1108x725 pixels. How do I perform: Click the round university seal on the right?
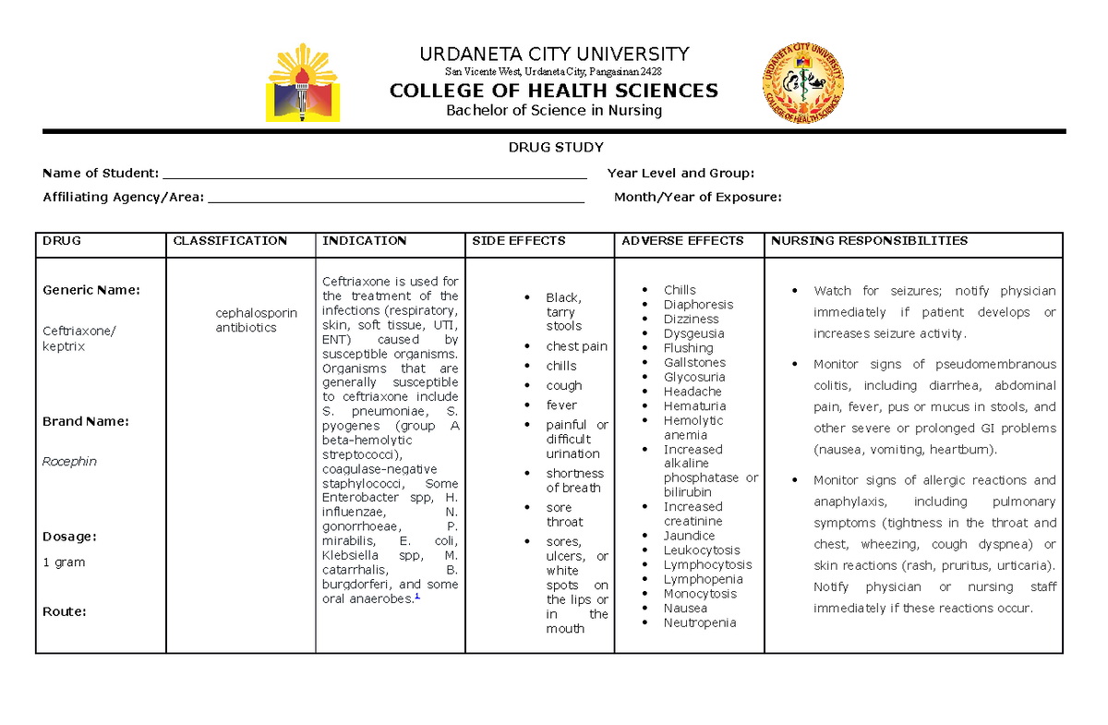(x=801, y=83)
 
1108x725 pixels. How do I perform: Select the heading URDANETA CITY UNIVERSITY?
(x=554, y=54)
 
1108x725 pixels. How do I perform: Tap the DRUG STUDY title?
(x=555, y=148)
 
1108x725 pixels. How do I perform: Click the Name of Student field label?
(x=101, y=173)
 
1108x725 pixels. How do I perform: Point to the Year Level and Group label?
(x=680, y=173)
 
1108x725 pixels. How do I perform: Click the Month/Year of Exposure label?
(x=697, y=197)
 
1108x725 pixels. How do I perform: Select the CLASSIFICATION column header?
(x=230, y=241)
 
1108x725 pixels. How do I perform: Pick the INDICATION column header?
(x=364, y=241)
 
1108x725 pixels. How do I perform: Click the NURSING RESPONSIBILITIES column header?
(x=869, y=241)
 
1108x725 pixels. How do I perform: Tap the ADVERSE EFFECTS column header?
(x=682, y=241)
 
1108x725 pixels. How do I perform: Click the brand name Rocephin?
(x=69, y=461)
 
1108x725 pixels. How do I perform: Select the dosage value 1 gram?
(x=64, y=562)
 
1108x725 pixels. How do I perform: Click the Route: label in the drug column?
(x=65, y=611)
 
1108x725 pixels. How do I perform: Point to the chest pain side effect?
(x=576, y=346)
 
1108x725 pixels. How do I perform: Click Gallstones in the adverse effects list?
(x=694, y=363)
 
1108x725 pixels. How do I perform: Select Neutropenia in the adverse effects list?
(x=700, y=622)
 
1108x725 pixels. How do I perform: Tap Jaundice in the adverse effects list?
(x=689, y=536)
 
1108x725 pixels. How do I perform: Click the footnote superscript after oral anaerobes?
(x=417, y=596)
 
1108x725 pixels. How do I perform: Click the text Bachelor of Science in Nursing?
(x=554, y=111)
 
